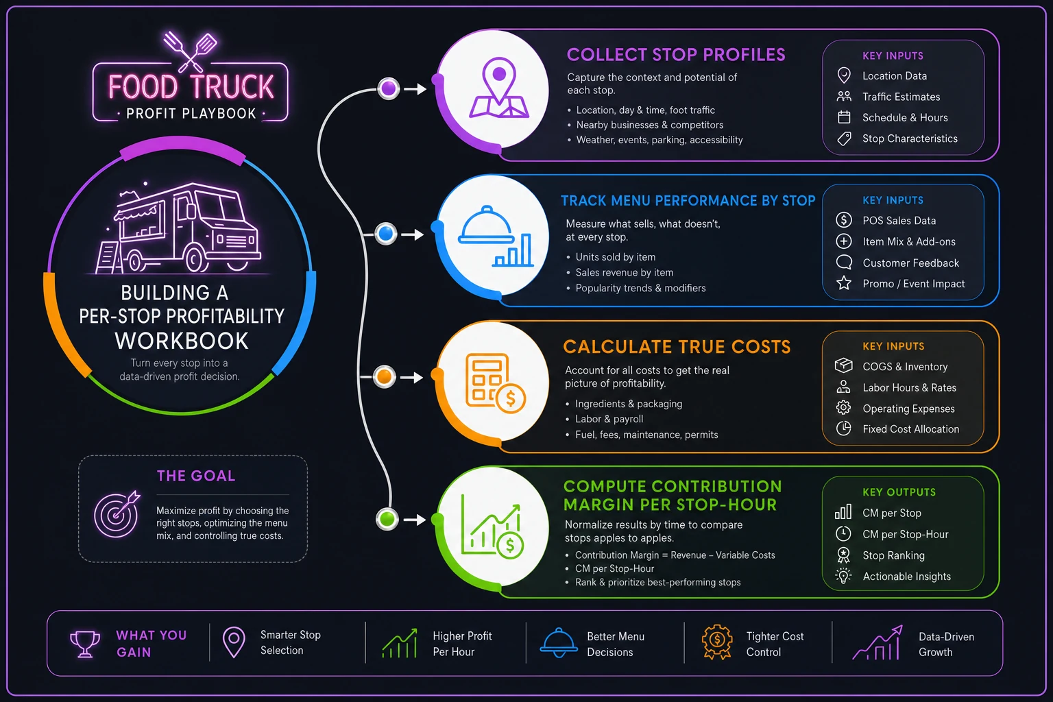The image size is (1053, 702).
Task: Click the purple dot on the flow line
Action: [x=389, y=88]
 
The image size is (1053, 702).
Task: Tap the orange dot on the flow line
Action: [x=385, y=376]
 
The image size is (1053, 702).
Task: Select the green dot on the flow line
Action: [x=387, y=519]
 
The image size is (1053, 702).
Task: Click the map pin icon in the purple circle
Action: [x=499, y=88]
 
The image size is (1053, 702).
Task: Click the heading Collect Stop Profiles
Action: [x=676, y=55]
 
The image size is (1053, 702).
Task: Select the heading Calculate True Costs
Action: [x=677, y=347]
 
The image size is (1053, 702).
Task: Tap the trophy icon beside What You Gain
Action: [x=85, y=644]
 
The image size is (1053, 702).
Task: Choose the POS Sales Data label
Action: [x=899, y=221]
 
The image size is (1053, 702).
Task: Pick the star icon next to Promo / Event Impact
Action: [x=844, y=283]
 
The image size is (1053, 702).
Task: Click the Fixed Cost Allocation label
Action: [x=910, y=429]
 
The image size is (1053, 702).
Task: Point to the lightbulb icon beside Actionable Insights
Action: [x=843, y=576]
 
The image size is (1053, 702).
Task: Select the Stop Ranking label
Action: [x=893, y=555]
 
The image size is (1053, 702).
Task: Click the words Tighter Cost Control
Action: [x=775, y=644]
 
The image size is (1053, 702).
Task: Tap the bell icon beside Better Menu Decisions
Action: [x=559, y=643]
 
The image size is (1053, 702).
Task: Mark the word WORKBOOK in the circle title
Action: [x=182, y=341]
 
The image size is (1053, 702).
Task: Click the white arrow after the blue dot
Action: [x=413, y=234]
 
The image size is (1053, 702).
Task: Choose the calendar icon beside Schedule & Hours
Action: [x=844, y=117]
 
